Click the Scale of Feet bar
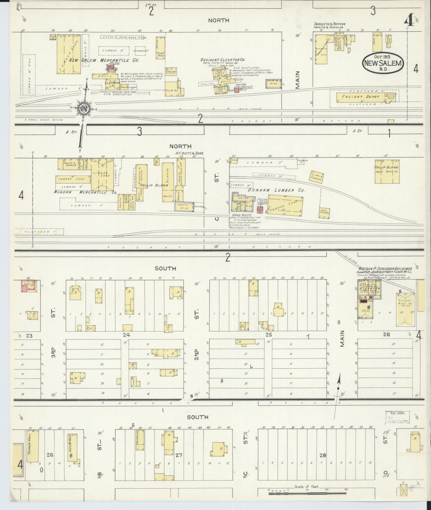coord(307,494)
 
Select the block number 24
coord(126,335)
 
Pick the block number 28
coord(322,455)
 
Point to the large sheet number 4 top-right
coord(408,21)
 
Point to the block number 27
coord(179,455)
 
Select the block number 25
coord(269,335)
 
